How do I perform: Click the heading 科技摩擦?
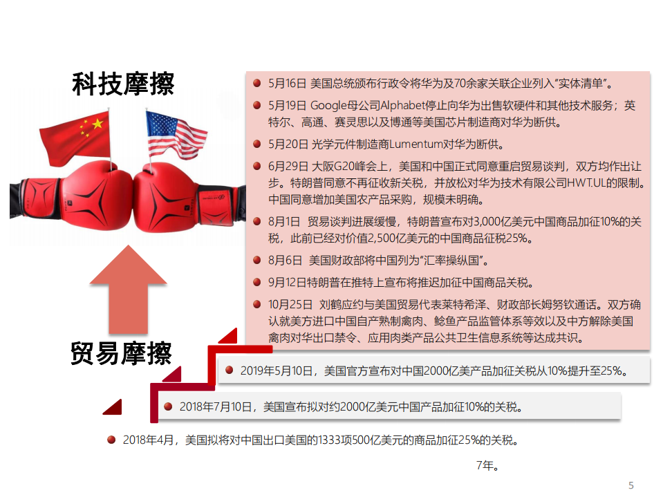coord(123,84)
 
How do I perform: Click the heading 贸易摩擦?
coord(121,353)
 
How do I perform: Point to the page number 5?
coord(631,485)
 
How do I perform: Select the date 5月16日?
coord(286,84)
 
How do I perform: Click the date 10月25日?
coord(290,304)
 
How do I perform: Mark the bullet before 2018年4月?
coord(111,439)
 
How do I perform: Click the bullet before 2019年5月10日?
coord(228,371)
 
